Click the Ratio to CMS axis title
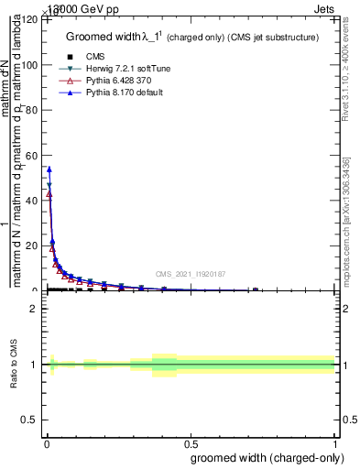coord(14,364)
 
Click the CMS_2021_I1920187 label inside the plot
coord(191,274)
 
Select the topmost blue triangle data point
coord(49,169)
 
